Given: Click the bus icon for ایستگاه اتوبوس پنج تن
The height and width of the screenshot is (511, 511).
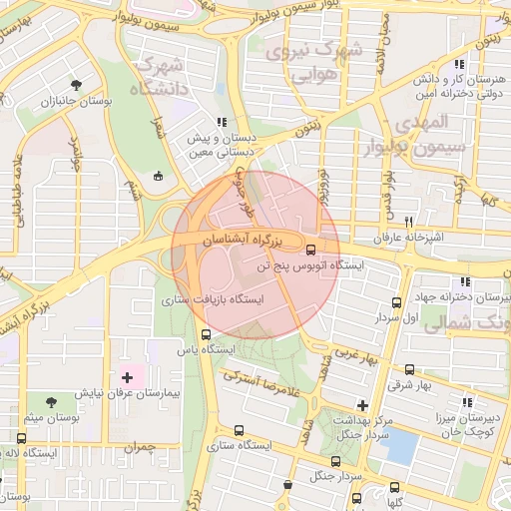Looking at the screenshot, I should [x=310, y=250].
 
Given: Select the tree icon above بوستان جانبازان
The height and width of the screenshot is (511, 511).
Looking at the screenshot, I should [x=77, y=84].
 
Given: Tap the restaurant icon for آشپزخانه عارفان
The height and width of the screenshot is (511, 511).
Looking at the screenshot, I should [x=408, y=222].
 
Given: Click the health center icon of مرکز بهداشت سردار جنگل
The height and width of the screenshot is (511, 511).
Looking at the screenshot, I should [x=362, y=405].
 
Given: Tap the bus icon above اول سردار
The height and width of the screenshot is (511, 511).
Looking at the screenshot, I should [x=397, y=301].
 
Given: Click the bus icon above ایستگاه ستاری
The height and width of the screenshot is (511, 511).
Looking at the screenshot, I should [x=239, y=431].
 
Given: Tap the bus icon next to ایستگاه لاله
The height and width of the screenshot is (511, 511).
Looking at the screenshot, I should [x=22, y=438].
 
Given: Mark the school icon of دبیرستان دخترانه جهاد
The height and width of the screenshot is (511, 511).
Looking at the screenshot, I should [x=464, y=281].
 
